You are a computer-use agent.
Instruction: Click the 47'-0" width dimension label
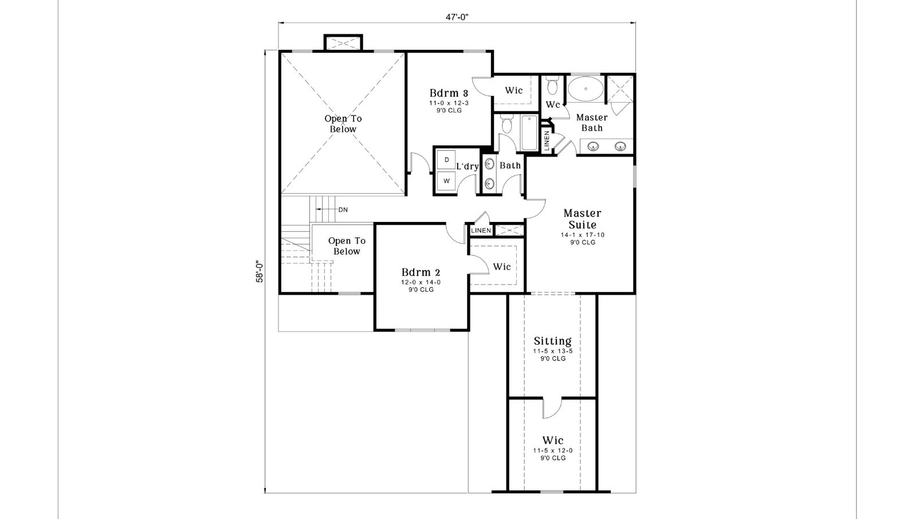click(457, 17)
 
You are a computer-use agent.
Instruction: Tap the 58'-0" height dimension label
click(260, 272)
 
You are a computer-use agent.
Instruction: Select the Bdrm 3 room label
click(449, 93)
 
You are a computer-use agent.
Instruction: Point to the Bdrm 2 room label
click(421, 272)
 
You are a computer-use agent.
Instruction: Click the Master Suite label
click(583, 219)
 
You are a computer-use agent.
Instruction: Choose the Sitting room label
click(553, 341)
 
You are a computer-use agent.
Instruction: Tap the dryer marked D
click(446, 160)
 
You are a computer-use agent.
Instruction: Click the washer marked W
click(446, 181)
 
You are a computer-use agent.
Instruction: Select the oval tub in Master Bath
click(586, 88)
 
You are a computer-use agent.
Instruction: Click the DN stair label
click(343, 210)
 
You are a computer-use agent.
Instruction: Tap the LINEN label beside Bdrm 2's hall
click(481, 231)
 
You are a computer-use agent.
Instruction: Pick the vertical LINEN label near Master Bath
click(547, 141)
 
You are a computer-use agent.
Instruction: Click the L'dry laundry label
click(468, 166)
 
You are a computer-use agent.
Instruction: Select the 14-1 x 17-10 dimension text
click(583, 235)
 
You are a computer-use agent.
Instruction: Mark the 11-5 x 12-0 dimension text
click(553, 451)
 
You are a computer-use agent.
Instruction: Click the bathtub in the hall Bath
click(530, 133)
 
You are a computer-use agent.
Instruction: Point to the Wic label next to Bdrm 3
click(514, 90)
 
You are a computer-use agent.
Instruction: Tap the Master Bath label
click(592, 123)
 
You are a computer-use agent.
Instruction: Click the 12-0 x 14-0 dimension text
click(421, 282)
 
